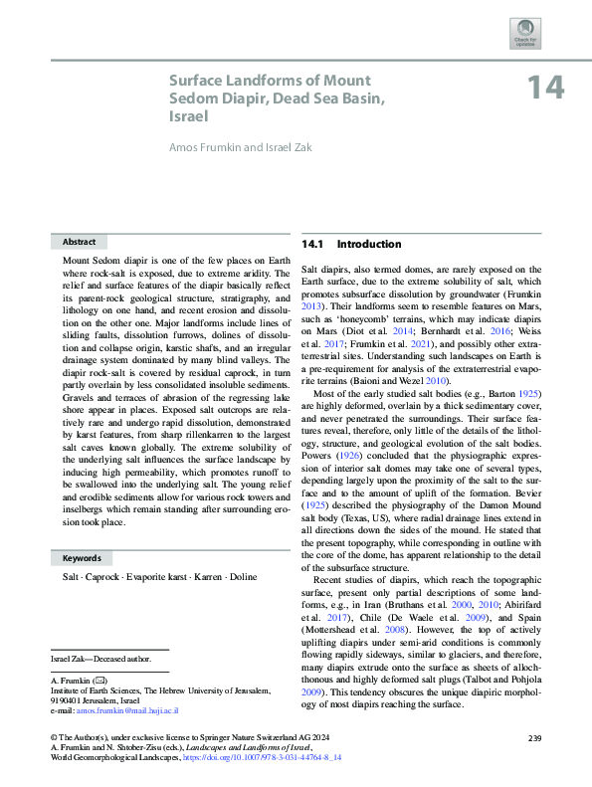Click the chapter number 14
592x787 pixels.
[x=545, y=88]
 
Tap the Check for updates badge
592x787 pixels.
[x=524, y=32]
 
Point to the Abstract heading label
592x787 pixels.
[x=79, y=242]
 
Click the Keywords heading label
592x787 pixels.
[x=83, y=558]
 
